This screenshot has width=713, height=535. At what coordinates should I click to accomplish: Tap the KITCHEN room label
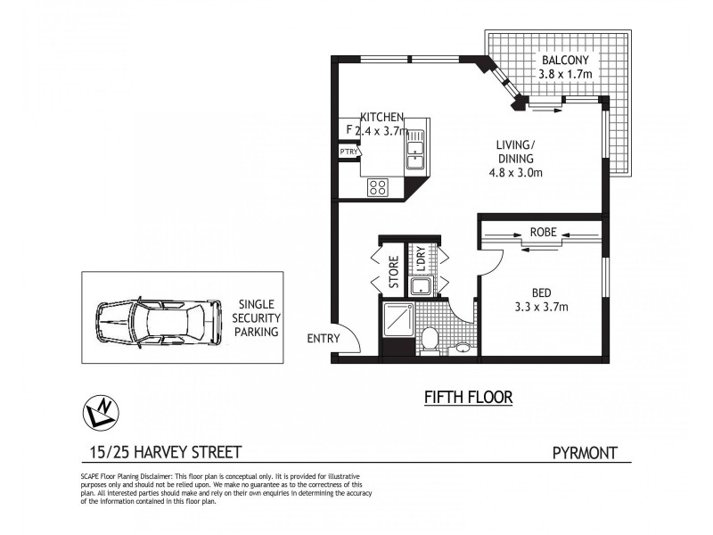382,117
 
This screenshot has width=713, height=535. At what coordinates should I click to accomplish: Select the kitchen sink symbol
415,148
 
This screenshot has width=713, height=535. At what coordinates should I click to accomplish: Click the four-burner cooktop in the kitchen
378,187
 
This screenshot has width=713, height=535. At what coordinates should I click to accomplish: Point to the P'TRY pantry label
348,152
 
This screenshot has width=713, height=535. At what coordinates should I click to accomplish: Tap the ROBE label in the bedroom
544,232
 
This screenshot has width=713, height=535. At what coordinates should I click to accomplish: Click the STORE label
394,271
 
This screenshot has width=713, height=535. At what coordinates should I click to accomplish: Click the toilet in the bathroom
429,341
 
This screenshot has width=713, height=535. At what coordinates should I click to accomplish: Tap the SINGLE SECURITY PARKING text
256,317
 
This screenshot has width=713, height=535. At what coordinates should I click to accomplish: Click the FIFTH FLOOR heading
468,397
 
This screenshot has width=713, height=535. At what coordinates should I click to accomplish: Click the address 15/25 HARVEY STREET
153,452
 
